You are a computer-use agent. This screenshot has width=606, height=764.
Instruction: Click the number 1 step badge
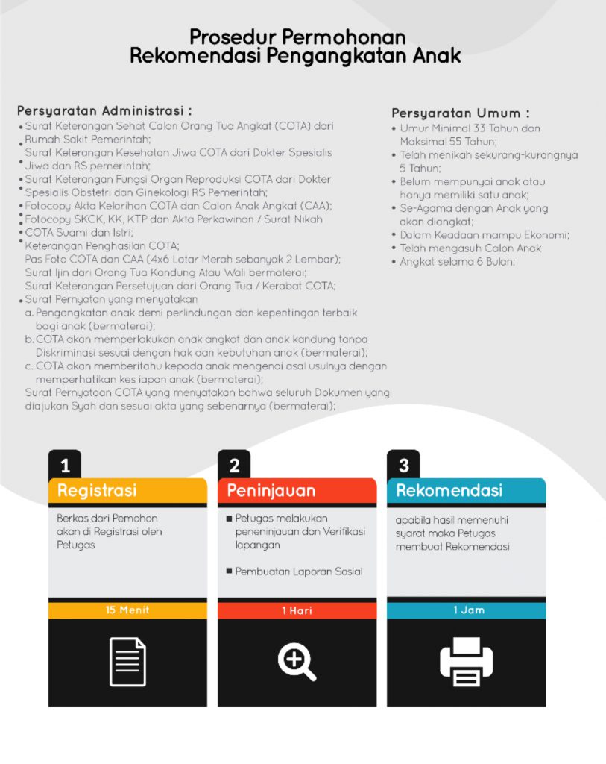coord(65,466)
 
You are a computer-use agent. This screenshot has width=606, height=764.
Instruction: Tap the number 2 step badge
coord(234,466)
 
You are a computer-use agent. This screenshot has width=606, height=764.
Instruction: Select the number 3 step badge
coord(403,466)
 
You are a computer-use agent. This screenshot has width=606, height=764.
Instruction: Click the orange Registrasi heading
coord(97,491)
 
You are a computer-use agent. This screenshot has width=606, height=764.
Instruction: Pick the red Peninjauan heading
coord(271,491)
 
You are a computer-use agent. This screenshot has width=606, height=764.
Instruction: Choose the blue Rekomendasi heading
coord(449,491)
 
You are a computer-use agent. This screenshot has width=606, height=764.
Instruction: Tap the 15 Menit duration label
coord(127,610)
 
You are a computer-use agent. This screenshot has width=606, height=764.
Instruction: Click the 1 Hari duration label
coord(297,610)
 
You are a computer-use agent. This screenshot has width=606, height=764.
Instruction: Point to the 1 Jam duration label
coord(466,610)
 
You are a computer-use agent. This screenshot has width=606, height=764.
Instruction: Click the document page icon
coord(127,661)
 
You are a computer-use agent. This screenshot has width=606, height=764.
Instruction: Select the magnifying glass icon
coord(297,662)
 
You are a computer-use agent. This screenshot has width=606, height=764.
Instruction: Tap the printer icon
coord(466,662)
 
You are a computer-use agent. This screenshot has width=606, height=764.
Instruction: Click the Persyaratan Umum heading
coord(461,113)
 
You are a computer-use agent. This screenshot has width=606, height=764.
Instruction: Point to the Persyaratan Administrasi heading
coord(104,110)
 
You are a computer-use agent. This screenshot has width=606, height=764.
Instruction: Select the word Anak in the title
coord(436,56)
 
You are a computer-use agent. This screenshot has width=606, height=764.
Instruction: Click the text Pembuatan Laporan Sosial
coord(299,572)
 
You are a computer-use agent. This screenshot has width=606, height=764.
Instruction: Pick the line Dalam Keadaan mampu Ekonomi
coord(485,235)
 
